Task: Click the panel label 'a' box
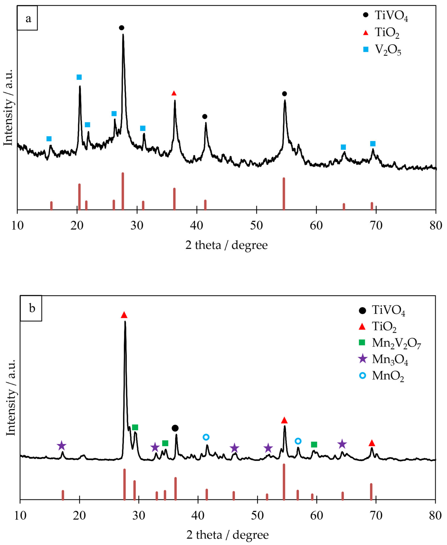click(x=27, y=18)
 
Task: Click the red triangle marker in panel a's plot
click(x=174, y=93)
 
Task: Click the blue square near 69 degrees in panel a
click(x=373, y=144)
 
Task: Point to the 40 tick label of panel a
click(x=197, y=226)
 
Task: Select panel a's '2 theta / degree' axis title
click(x=226, y=245)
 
